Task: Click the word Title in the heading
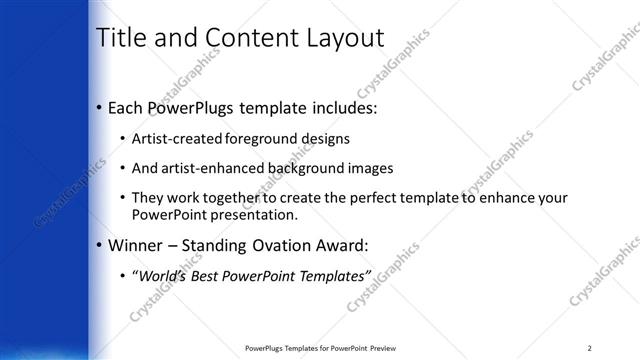[117, 38]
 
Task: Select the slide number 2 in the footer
[589, 348]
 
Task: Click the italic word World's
[164, 275]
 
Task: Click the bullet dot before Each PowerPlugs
[98, 107]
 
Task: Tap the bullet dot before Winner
[98, 245]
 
